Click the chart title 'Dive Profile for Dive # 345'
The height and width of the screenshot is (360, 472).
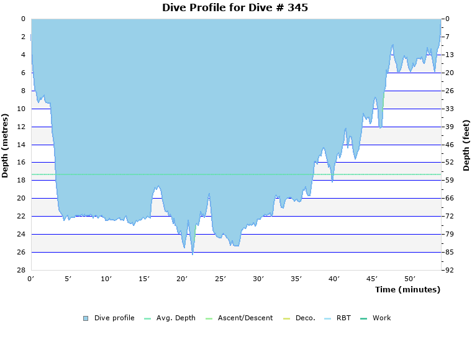[235, 8]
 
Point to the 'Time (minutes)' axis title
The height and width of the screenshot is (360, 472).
[407, 290]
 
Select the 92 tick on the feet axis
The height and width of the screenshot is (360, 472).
[450, 270]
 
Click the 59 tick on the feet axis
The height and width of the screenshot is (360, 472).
[450, 180]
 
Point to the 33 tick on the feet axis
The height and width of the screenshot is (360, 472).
[450, 109]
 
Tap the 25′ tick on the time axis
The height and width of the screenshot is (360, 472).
[220, 279]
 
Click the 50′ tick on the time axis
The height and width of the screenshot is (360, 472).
[410, 279]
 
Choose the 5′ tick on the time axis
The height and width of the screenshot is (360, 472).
[69, 279]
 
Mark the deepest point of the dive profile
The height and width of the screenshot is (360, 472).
[193, 254]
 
